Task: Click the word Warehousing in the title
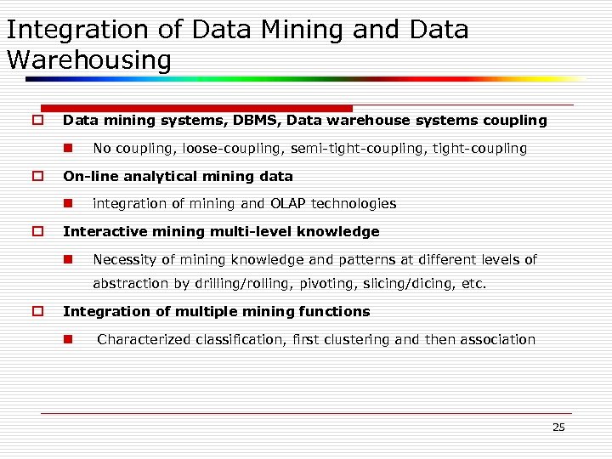[x=88, y=60]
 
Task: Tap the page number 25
[x=558, y=427]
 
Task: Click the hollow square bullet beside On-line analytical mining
[x=37, y=177]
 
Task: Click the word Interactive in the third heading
[x=97, y=232]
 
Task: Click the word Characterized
[x=144, y=340]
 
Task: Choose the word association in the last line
[x=498, y=340]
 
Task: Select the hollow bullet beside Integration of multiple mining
[x=37, y=312]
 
